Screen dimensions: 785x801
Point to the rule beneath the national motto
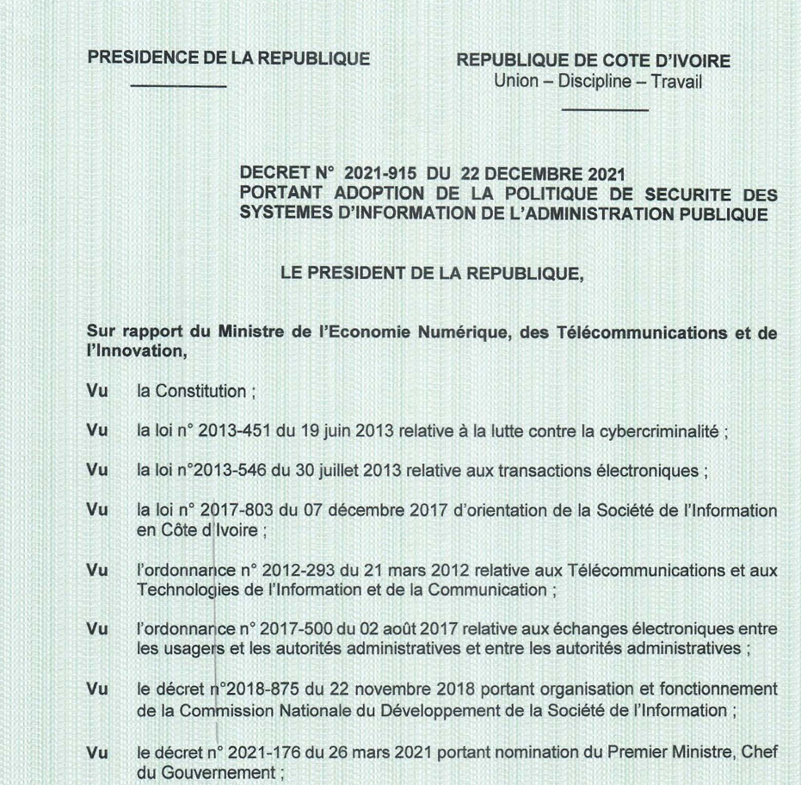tap(604, 109)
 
